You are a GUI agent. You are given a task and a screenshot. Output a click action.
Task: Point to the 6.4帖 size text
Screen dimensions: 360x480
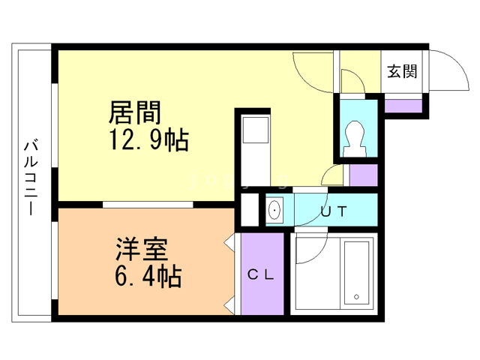148,277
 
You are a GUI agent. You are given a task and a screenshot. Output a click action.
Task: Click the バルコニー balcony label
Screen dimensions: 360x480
31,178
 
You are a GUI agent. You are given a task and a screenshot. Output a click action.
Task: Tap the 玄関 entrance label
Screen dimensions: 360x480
401,72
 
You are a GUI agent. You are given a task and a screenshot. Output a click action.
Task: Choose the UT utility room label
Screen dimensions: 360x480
334,211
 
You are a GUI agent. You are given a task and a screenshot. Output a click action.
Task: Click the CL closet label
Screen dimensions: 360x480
262,274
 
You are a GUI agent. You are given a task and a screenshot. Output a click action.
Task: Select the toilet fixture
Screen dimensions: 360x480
354,137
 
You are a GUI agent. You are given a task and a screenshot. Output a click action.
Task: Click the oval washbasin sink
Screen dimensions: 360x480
274,209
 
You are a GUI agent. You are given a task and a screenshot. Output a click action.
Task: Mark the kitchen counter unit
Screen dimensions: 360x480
253,149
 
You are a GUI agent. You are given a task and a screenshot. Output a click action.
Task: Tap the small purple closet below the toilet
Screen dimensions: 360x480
363,175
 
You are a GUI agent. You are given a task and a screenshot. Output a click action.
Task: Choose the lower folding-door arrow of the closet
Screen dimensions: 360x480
229,305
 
